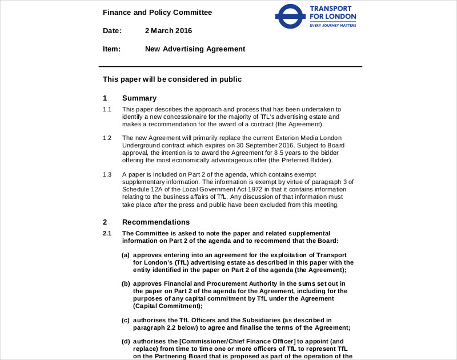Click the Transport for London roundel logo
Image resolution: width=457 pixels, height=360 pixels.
tap(290, 17)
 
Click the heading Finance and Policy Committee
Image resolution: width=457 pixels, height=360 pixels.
tap(157, 12)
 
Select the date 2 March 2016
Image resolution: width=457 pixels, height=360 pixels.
tap(169, 31)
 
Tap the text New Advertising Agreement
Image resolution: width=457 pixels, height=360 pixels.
tap(195, 49)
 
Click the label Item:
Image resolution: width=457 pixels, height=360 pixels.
tap(111, 49)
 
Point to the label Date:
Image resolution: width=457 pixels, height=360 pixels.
tap(113, 31)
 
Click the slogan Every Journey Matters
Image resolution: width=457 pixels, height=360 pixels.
tap(332, 26)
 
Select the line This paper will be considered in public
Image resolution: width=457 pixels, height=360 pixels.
tap(172, 79)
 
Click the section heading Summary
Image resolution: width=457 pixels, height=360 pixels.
tap(139, 98)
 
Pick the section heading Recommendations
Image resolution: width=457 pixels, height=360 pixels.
tap(156, 222)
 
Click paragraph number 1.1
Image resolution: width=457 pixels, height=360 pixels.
tap(107, 109)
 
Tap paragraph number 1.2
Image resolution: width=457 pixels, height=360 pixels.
tap(107, 138)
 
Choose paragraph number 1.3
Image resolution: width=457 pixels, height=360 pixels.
tap(107, 174)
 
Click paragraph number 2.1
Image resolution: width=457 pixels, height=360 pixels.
tap(107, 233)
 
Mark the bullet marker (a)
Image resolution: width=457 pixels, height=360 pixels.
tap(126, 255)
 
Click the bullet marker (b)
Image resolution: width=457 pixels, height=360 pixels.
tap(126, 283)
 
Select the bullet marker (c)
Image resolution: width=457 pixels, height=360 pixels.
tap(126, 320)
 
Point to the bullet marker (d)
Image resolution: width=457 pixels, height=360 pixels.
tap(126, 342)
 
